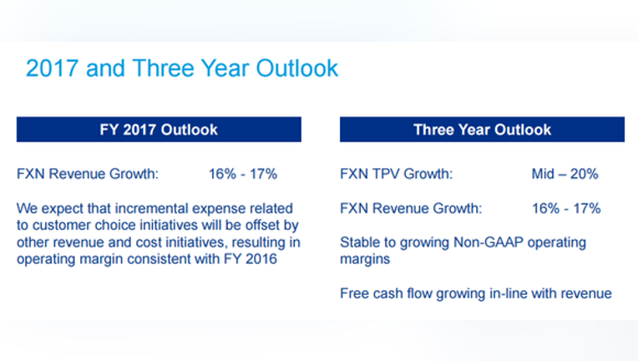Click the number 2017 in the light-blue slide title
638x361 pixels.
coord(52,68)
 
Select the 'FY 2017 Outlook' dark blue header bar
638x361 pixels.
coord(159,130)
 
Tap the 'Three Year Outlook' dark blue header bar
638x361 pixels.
coord(482,130)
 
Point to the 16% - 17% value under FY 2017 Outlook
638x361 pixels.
coord(243,174)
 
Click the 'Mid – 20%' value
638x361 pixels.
coord(565,174)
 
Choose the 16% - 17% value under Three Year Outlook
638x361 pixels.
coord(566,208)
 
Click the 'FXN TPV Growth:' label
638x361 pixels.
coord(397,174)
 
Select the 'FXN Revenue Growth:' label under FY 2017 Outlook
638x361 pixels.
coord(88,174)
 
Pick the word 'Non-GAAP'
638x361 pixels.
coord(489,242)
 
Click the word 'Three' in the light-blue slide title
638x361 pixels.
coord(163,68)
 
